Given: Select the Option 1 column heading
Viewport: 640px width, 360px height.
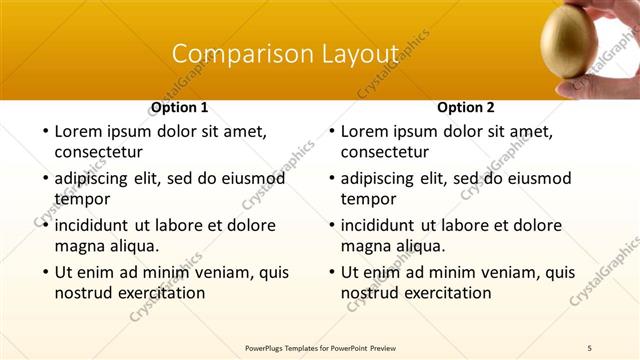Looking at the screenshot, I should (180, 106).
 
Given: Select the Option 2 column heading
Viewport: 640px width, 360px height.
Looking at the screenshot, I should (466, 106).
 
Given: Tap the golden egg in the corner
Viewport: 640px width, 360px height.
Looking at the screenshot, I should (569, 45).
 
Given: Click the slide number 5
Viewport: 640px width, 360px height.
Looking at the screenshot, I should (590, 347).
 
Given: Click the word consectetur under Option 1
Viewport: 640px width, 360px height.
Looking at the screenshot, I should (98, 153).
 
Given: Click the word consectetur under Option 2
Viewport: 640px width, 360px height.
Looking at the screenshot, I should (384, 153).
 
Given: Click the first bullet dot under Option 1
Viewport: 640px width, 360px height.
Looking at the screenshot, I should (44, 131).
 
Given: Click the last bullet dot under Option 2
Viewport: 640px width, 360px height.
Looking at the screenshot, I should (330, 272).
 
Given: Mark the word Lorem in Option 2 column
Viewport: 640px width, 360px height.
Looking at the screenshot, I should (365, 130).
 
